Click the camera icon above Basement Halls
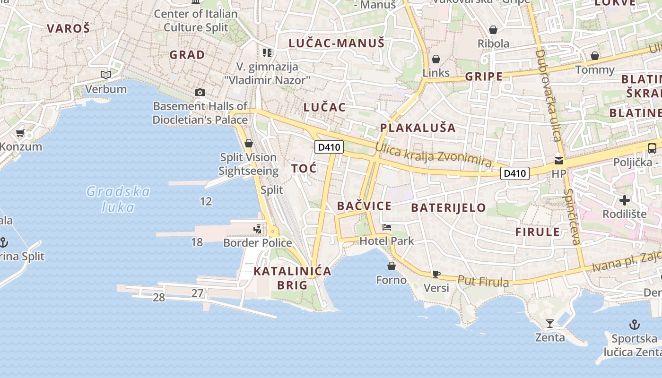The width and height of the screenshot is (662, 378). click(x=200, y=92)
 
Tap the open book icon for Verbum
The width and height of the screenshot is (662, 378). click(x=106, y=75)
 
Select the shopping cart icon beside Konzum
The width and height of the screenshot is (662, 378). click(x=20, y=133)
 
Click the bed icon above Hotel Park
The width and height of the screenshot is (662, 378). click(x=387, y=227)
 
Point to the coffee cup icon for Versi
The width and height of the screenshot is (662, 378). click(x=436, y=274)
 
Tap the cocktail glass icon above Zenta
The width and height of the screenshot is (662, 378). click(x=549, y=324)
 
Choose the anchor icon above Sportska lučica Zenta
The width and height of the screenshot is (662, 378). click(x=634, y=325)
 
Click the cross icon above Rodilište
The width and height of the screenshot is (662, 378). click(x=624, y=200)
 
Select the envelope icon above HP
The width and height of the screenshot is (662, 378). click(x=559, y=160)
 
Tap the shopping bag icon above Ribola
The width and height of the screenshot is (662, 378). click(x=493, y=30)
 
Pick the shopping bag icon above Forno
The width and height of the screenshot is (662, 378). click(x=391, y=266)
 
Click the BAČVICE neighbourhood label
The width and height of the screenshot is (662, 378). click(x=364, y=206)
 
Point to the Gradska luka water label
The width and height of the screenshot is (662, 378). click(x=118, y=199)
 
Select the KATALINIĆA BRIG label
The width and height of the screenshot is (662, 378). click(x=292, y=278)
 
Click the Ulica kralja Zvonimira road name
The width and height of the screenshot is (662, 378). click(x=433, y=155)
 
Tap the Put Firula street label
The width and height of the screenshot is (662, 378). click(x=483, y=281)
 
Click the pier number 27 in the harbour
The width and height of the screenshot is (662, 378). click(x=197, y=293)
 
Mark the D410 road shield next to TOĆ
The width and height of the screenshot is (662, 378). click(x=329, y=147)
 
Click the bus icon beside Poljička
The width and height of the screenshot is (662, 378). click(x=652, y=148)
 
